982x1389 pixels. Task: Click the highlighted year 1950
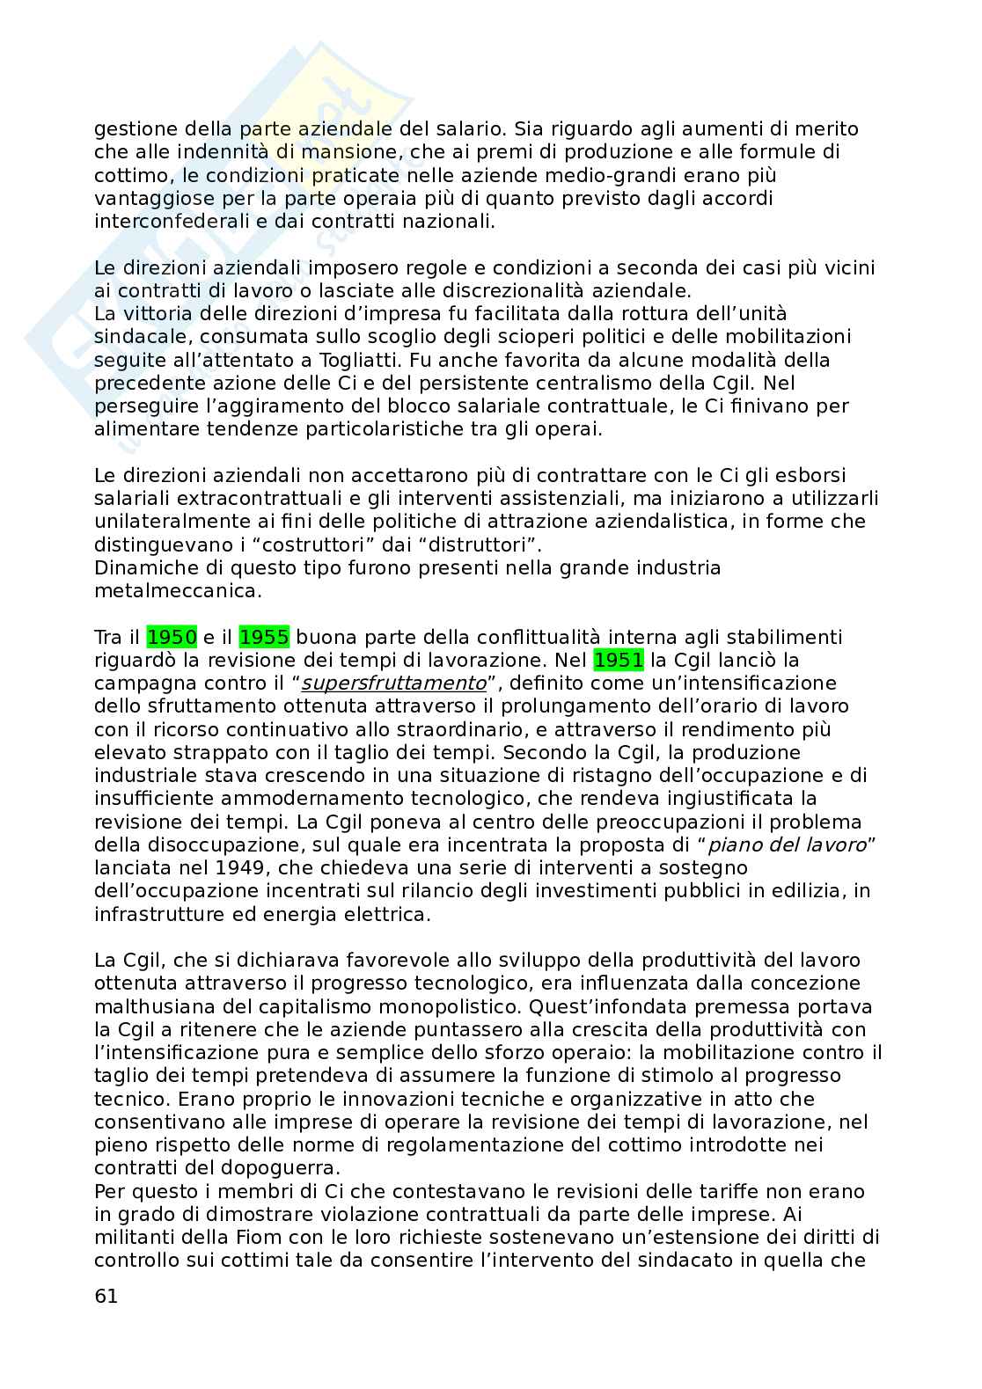pos(172,637)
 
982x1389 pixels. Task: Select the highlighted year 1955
pos(265,637)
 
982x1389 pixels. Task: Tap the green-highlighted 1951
pos(619,660)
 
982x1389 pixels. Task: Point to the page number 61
pos(106,1296)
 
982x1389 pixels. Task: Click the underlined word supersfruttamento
pos(393,684)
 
